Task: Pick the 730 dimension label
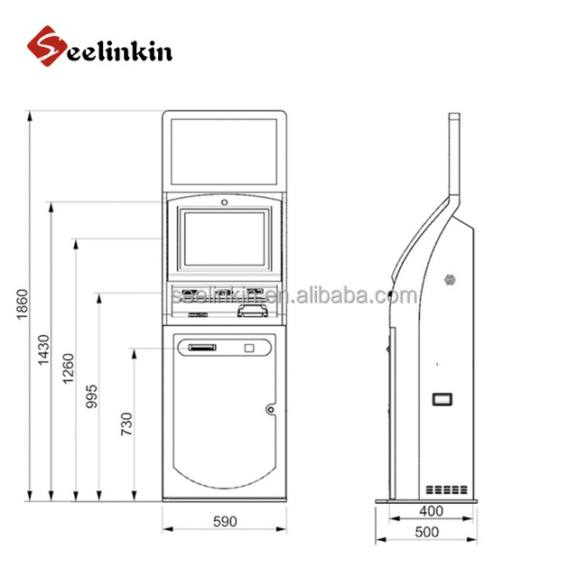127,424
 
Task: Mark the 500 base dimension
427,532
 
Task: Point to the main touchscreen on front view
224,238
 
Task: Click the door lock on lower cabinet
269,409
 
